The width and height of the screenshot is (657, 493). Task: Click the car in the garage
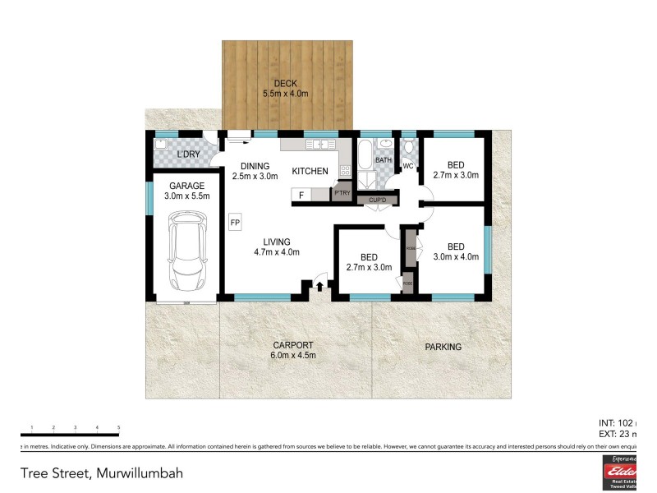[x=186, y=251]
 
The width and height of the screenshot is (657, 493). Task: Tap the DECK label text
[x=285, y=83]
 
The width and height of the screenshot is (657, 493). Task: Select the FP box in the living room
[x=235, y=223]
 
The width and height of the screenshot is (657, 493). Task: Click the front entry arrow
[x=319, y=285]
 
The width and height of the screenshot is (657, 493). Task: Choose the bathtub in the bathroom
[x=364, y=155]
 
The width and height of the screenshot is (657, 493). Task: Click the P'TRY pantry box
[x=342, y=193]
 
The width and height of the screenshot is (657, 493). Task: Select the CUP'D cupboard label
[x=378, y=200]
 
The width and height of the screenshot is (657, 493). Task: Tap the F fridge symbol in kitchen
[x=302, y=195]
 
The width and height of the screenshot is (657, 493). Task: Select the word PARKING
[x=443, y=347]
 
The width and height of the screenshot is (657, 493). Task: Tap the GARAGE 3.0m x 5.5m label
[x=186, y=191]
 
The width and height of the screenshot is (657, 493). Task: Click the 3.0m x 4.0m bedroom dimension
[x=455, y=257]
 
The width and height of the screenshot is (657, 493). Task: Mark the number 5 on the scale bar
[x=119, y=428]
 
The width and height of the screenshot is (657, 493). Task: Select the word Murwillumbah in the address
[x=140, y=473]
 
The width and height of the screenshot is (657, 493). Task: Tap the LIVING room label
[x=277, y=242]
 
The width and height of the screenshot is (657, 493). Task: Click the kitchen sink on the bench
[x=316, y=145]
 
